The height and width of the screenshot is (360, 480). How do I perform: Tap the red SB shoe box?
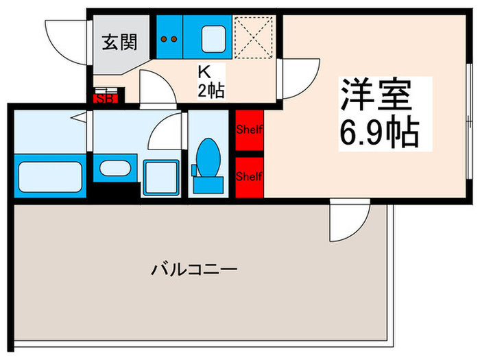[107, 97]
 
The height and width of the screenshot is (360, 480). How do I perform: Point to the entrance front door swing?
[65, 38]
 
